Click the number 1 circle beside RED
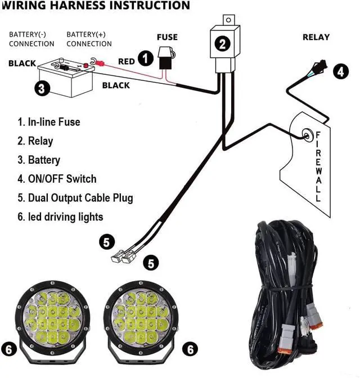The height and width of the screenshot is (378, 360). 146,58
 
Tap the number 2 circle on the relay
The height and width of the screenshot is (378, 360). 223,43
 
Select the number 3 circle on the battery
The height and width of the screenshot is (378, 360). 41,88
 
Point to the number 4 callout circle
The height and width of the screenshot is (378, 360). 339,71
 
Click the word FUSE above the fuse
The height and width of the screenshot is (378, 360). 167,37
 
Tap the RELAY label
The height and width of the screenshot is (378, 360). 316,37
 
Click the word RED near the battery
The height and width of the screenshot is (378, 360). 127,61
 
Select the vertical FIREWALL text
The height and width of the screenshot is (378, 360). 318,167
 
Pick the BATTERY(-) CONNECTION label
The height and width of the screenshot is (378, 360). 31,39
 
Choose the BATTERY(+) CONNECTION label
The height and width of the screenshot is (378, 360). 89,39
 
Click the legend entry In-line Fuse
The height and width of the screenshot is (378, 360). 49,122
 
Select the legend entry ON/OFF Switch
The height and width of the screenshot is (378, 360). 57,179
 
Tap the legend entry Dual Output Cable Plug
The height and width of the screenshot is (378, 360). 75,198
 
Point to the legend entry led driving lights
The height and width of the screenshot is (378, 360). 60,217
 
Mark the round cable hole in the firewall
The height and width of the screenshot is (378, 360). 307,134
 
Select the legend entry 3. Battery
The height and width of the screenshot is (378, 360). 39,160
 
